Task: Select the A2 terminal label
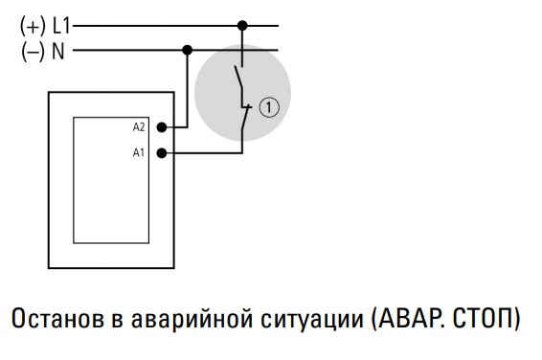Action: pos(138,126)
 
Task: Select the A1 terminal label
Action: pos(138,152)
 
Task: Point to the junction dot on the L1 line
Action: pos(243,26)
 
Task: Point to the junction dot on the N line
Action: pos(187,49)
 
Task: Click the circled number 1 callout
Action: pos(269,108)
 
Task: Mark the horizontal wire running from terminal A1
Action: pos(206,152)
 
